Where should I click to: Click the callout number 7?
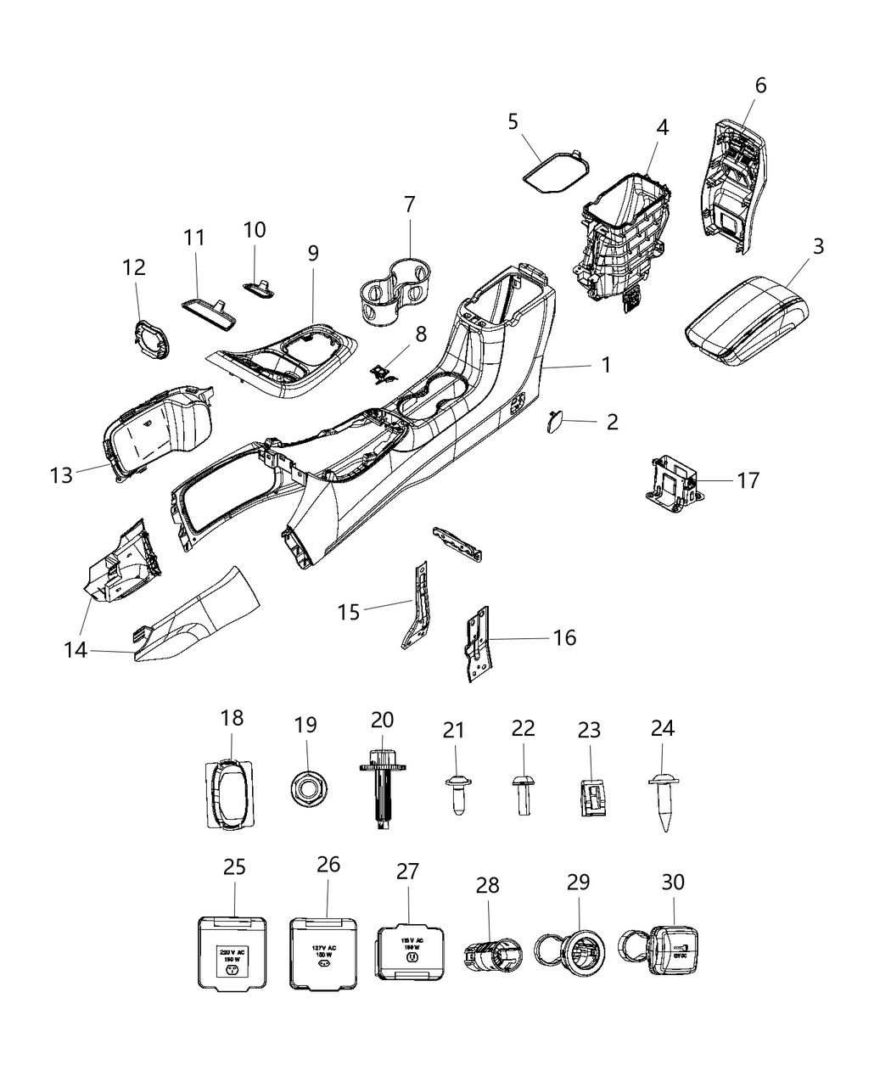click(410, 205)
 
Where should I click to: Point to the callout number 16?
click(564, 637)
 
